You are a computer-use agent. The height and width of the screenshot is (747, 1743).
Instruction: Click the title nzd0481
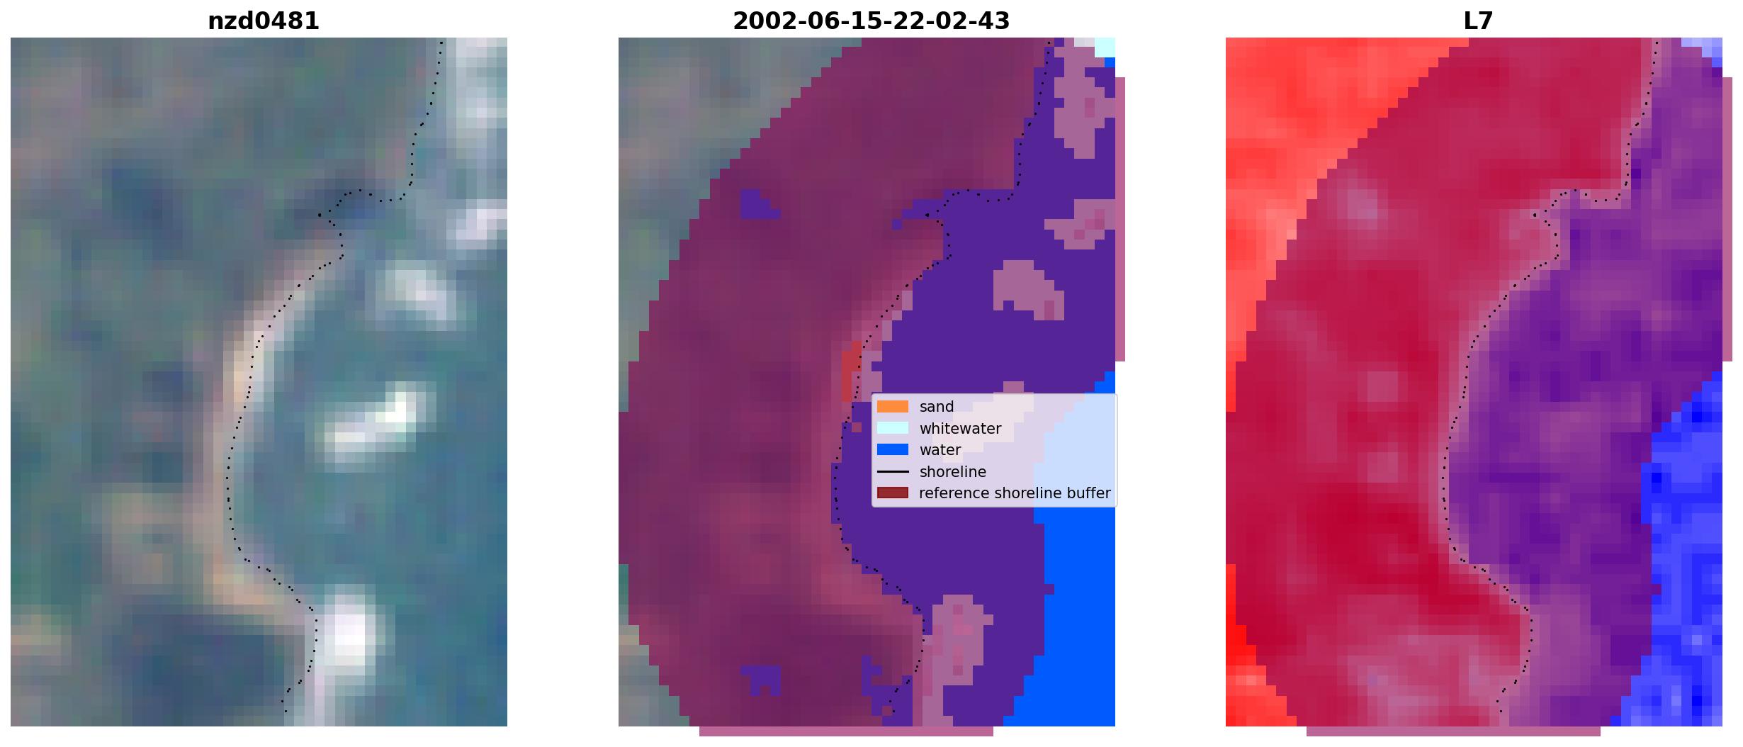264,21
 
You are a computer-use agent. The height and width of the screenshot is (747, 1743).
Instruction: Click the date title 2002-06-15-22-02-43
871,21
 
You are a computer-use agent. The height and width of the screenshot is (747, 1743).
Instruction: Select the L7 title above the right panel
1478,21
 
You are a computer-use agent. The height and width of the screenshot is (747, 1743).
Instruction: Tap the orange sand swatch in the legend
893,407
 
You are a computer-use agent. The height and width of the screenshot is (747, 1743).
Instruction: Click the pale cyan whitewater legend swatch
893,428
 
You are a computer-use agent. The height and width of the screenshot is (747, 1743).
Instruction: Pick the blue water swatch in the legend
893,450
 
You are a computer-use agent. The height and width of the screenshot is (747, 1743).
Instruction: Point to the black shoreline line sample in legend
893,471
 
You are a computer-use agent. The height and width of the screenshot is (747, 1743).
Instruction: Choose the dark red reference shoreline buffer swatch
893,493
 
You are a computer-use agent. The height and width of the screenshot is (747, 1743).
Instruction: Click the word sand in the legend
937,407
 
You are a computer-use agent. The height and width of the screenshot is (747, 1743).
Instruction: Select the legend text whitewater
960,429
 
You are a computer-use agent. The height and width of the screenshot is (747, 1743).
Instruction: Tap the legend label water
940,450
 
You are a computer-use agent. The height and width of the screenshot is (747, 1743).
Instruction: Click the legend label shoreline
952,472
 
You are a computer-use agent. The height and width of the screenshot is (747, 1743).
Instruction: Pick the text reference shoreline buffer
1015,493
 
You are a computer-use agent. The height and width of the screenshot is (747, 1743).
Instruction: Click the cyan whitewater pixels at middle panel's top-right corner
1105,47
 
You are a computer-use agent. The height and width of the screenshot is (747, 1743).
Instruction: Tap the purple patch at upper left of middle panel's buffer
758,204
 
